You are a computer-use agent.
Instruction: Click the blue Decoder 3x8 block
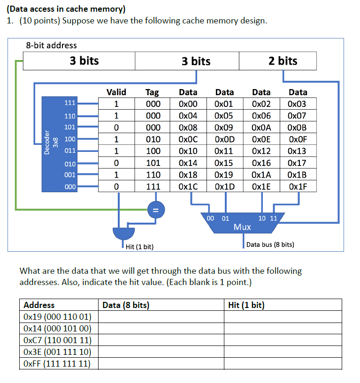click(59, 144)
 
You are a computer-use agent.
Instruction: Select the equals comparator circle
click(153, 210)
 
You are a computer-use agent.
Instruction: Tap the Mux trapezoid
click(242, 224)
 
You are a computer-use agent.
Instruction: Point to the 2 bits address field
click(283, 61)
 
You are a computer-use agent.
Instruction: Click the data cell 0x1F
click(298, 186)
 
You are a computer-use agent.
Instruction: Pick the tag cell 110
click(153, 174)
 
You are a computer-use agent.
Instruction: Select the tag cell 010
click(153, 139)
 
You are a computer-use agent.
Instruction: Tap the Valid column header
click(116, 92)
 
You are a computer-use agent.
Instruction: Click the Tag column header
click(153, 92)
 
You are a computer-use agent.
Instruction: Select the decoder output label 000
click(69, 186)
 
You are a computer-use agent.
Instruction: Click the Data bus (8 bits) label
click(270, 244)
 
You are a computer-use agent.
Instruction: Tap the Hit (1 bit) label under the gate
click(140, 247)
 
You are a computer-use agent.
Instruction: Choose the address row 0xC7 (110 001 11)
click(58, 340)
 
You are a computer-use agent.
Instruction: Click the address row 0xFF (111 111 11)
click(58, 363)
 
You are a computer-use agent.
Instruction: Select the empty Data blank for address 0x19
click(161, 317)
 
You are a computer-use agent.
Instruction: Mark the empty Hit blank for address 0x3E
click(283, 352)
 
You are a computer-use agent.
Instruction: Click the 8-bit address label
click(51, 45)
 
